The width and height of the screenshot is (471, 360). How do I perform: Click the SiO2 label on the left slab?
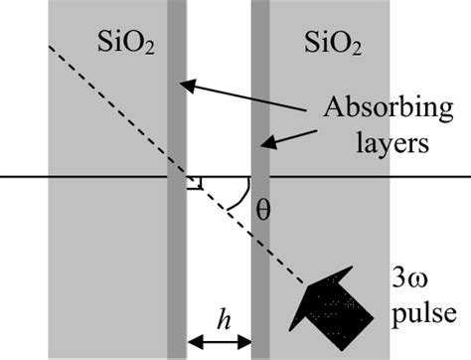click(125, 43)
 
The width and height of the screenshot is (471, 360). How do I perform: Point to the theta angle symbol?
click(261, 210)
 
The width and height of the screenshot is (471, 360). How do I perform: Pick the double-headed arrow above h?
click(218, 342)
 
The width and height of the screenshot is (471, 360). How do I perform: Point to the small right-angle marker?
click(195, 182)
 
